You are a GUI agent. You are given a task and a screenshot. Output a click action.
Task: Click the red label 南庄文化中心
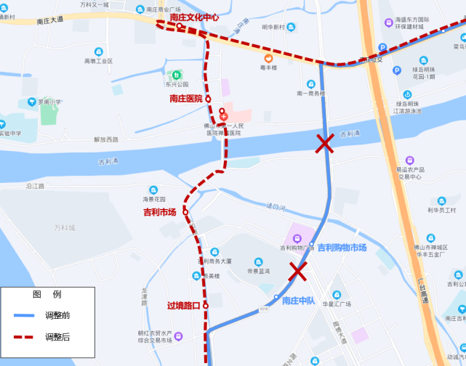(x=193, y=17)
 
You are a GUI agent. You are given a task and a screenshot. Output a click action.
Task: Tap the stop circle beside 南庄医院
(x=208, y=99)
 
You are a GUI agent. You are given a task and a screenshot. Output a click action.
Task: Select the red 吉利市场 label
(x=160, y=212)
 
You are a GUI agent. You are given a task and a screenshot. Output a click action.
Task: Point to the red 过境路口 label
(x=183, y=306)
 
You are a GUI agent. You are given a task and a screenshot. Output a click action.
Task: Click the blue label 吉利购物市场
(x=342, y=248)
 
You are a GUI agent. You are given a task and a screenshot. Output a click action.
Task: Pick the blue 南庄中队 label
(x=298, y=301)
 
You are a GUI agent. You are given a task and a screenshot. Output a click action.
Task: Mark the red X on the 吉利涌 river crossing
(x=324, y=144)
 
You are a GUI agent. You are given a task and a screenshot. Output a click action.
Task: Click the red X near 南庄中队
(x=297, y=272)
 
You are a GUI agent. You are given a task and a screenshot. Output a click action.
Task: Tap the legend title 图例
(x=47, y=294)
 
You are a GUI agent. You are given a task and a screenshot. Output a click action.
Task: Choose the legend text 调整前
(x=57, y=315)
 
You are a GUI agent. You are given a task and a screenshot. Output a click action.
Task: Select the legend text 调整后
(x=57, y=337)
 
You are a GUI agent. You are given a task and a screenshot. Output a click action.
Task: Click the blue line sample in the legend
(x=24, y=315)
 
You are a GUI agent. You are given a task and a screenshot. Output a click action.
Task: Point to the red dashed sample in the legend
(x=24, y=337)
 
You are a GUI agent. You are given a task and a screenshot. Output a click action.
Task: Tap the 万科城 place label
(x=64, y=228)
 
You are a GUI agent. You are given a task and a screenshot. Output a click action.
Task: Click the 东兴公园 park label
(x=177, y=84)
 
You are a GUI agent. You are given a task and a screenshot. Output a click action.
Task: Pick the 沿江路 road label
(x=35, y=186)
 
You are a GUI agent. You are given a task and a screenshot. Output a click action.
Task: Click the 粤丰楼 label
(x=269, y=68)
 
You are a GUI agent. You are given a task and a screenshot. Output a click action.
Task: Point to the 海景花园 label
(x=154, y=199)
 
